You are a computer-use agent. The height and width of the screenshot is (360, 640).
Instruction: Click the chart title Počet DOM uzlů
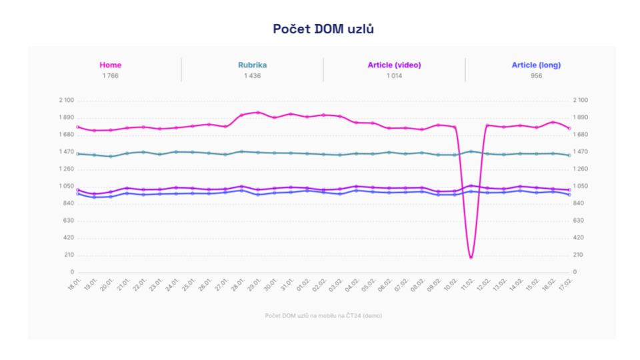(323, 29)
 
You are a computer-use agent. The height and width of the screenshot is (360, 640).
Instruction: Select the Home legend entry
(110, 65)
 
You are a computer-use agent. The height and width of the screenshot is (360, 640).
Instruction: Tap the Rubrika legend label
(252, 65)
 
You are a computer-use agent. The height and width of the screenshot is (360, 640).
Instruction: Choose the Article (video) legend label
(394, 65)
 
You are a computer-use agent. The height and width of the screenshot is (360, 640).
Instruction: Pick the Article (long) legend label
(536, 65)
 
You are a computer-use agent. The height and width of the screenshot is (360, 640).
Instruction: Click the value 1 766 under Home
(110, 76)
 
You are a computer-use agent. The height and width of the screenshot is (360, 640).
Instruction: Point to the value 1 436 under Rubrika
(252, 76)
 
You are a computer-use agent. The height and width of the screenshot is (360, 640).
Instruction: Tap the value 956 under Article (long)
(536, 76)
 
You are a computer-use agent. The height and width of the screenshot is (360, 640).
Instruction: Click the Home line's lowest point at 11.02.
(471, 257)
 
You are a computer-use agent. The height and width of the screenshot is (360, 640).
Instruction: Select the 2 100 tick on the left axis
(66, 100)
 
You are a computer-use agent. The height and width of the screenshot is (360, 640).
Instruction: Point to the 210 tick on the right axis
(578, 255)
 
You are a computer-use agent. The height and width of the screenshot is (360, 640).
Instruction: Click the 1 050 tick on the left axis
(66, 186)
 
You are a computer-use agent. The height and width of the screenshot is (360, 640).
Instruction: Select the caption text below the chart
(323, 315)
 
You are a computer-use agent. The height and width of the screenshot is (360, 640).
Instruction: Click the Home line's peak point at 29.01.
(258, 113)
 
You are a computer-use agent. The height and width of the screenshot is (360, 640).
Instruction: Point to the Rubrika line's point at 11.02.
(471, 151)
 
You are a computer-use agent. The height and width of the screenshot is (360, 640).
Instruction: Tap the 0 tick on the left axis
(71, 272)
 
